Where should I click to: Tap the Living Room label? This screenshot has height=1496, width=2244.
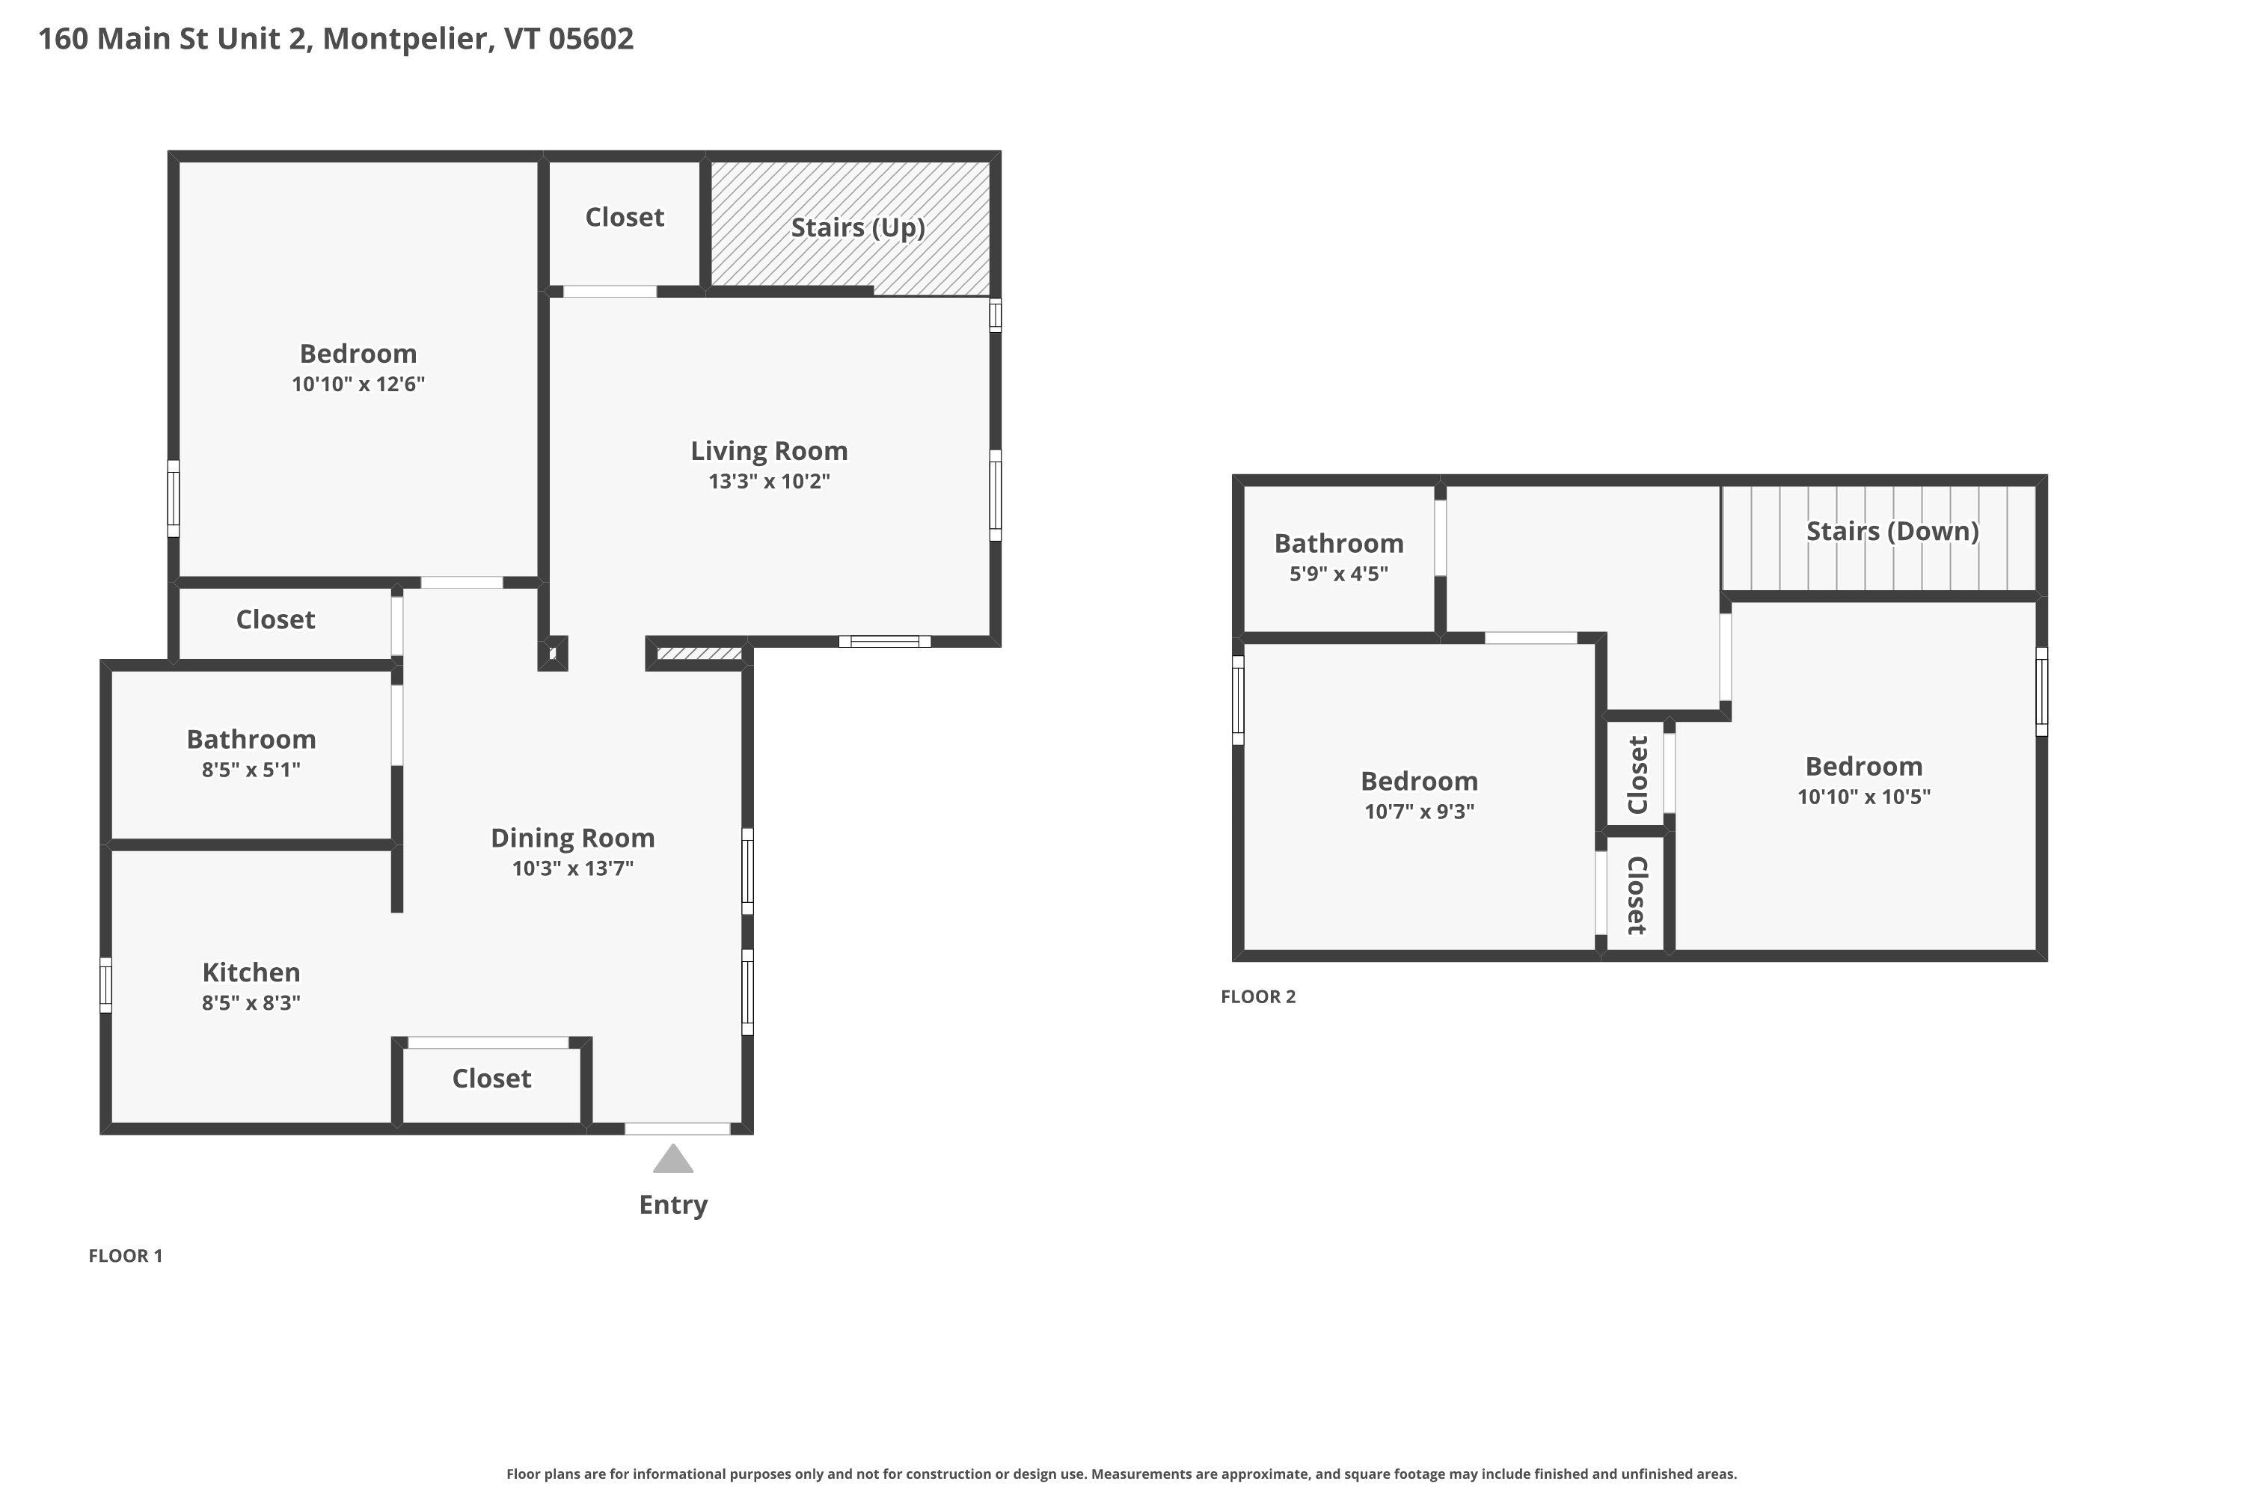(x=769, y=450)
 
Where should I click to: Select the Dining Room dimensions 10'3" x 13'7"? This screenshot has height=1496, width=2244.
(x=572, y=868)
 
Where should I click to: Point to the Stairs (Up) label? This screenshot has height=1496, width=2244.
(x=858, y=227)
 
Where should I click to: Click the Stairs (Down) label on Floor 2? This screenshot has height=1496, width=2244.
(x=1892, y=530)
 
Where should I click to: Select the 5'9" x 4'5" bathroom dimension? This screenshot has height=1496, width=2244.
(x=1339, y=574)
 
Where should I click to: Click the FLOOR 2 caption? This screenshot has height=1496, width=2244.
(x=1257, y=997)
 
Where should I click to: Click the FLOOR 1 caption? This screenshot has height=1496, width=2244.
(x=126, y=1256)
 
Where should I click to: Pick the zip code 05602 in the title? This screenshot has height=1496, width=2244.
(x=591, y=38)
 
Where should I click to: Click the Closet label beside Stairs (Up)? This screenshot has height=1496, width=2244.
(x=624, y=217)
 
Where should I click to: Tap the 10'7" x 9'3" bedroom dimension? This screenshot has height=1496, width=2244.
(x=1419, y=811)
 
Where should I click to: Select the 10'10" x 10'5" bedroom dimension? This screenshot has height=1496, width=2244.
(x=1863, y=797)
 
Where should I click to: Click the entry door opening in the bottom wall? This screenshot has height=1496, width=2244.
(x=678, y=1129)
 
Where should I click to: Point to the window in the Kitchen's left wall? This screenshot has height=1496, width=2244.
(x=106, y=984)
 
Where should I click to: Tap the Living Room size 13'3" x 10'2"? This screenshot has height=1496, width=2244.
(x=769, y=481)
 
